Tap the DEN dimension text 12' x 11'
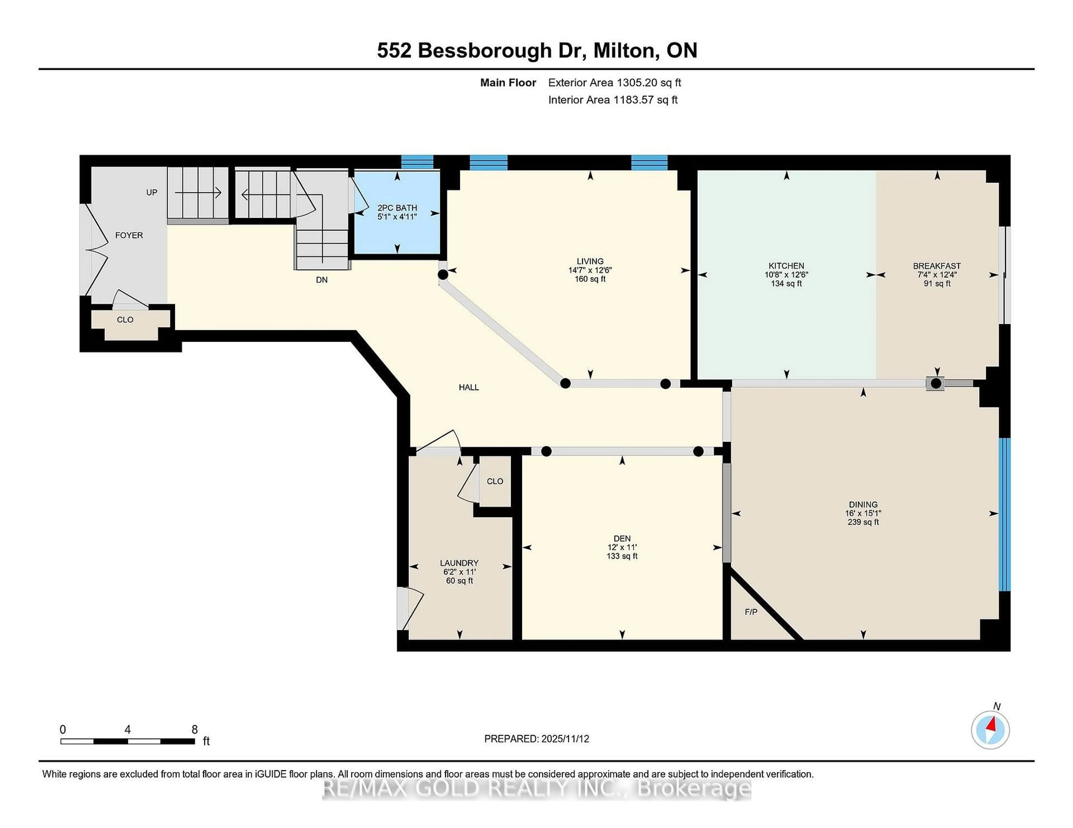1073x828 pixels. tap(622, 547)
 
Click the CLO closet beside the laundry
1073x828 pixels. tap(495, 482)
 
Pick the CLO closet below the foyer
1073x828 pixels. tap(125, 320)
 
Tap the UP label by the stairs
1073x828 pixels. tap(151, 192)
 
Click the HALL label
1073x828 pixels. tap(468, 387)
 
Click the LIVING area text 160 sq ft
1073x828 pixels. tap(590, 279)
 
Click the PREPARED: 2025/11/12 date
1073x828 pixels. tap(536, 739)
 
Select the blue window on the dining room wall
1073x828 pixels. tap(1005, 514)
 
